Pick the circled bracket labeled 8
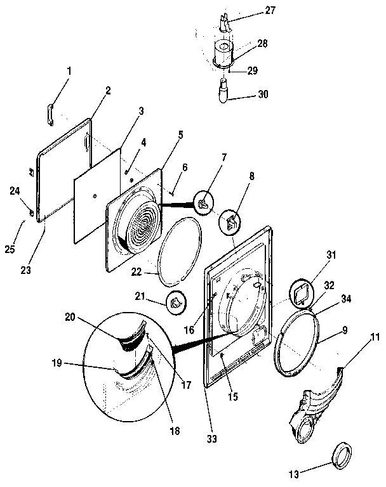[230, 221]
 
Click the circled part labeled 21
[176, 303]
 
